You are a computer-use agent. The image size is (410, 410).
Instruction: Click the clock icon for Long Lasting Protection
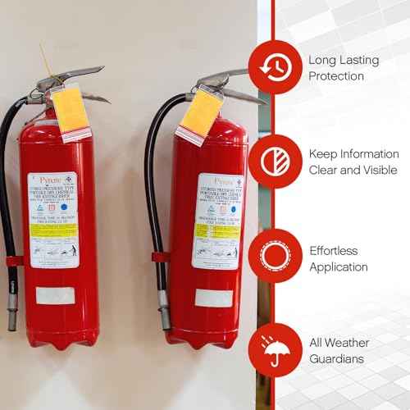(x=272, y=67)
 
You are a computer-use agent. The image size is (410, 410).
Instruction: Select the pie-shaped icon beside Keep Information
(x=272, y=162)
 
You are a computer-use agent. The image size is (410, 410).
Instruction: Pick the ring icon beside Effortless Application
(x=272, y=257)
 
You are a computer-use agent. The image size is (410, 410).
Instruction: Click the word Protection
(x=335, y=76)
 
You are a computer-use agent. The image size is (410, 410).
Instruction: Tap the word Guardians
(x=338, y=358)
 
